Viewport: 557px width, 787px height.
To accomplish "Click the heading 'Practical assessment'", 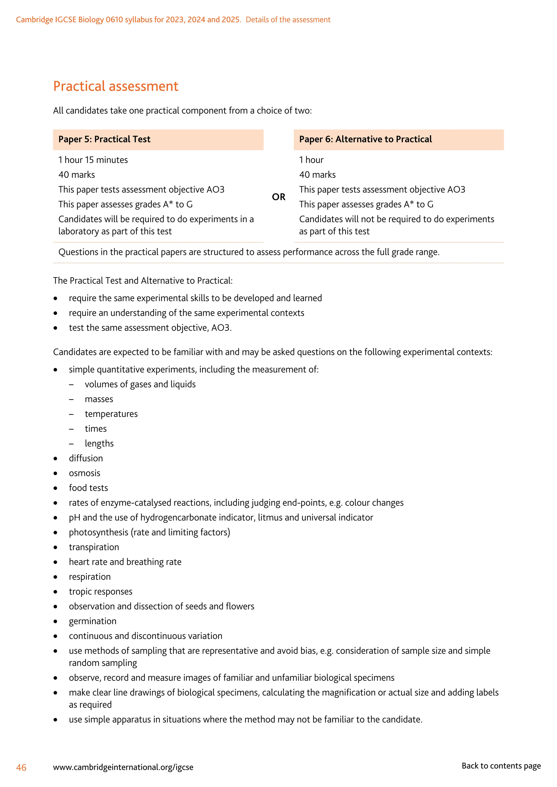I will tap(116, 86).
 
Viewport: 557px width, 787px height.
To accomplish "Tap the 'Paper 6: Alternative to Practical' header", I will tap(365, 139).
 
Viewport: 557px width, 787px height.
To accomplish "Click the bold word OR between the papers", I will tap(278, 197).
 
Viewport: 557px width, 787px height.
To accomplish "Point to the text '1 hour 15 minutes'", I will tap(93, 160).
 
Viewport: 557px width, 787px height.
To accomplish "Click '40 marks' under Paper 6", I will tap(317, 175).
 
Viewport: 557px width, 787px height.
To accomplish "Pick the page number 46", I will tap(21, 767).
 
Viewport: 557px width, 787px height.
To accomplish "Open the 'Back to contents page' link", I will tap(501, 766).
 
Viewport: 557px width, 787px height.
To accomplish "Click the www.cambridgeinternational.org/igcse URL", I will tap(123, 767).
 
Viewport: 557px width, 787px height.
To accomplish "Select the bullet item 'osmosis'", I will tap(84, 473).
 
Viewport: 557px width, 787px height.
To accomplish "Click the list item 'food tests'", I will tap(88, 488).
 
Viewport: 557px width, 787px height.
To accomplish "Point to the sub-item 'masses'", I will tap(99, 399).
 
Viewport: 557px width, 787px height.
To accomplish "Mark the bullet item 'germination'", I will tap(92, 621).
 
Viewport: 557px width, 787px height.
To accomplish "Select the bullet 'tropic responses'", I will tap(100, 592).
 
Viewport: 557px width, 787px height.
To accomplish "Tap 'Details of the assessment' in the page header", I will tap(288, 20).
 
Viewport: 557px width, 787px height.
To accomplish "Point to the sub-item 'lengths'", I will tap(99, 444).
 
